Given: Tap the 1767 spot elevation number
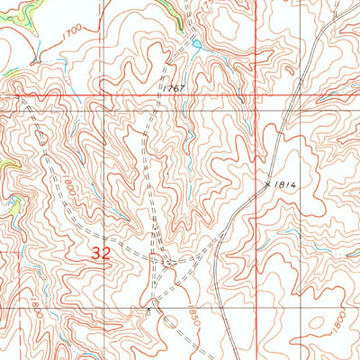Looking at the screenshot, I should (x=175, y=88).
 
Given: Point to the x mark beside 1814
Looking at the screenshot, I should (x=266, y=182).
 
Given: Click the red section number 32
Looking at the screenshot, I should (x=101, y=254).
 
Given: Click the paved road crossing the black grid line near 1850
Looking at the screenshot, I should (x=219, y=307).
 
